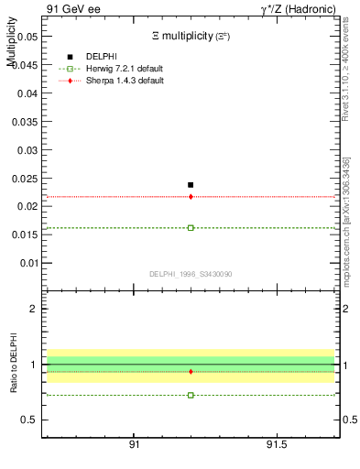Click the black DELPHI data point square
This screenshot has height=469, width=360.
coord(191,185)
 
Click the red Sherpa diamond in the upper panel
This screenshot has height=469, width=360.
coord(191,196)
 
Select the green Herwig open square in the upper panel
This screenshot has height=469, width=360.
coord(191,227)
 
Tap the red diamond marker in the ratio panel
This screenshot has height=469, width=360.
coord(191,371)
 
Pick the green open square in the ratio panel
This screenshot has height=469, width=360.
coord(191,395)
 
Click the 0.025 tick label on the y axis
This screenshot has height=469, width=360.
coord(27,178)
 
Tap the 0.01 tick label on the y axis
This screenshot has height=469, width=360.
coord(29,263)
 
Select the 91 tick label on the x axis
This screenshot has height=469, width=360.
coord(135,444)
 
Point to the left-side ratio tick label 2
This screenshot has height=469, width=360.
coord(34,309)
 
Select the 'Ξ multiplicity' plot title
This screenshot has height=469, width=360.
coord(191,35)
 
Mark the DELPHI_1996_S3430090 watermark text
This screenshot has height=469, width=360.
coord(190,274)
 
